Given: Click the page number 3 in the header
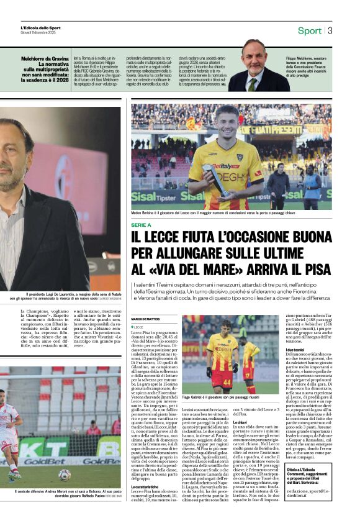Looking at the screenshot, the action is pyautogui.click(x=330, y=30).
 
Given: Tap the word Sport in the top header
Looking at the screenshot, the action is pyautogui.click(x=309, y=30).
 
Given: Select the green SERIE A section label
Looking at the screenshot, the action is pyautogui.click(x=141, y=225).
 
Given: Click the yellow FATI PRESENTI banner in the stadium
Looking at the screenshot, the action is pyautogui.click(x=285, y=130).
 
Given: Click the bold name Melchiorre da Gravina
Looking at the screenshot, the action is pyautogui.click(x=46, y=58).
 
